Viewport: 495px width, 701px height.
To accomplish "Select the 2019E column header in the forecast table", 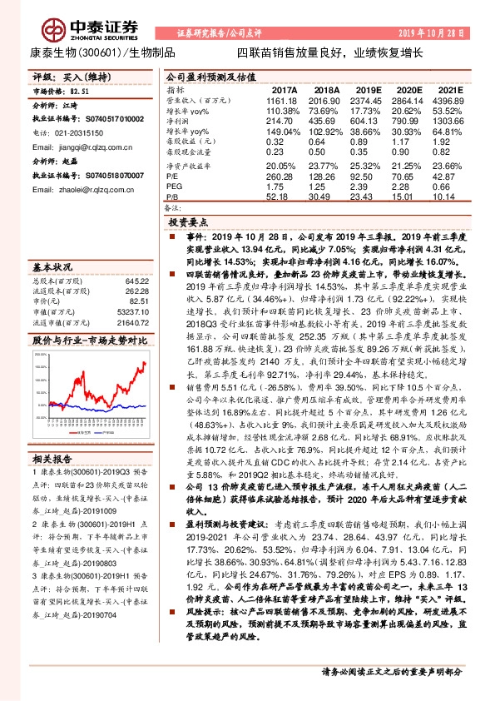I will (368, 89).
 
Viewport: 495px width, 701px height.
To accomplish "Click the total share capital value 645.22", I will (136, 281).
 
